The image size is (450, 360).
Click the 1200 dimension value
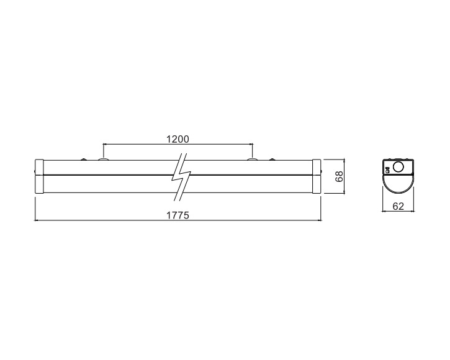coord(178,139)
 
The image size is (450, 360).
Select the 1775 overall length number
coord(178,215)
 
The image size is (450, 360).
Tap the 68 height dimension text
coord(340,176)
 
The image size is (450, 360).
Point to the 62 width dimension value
coord(398,206)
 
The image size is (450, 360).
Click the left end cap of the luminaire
coord(39,176)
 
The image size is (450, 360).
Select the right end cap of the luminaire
coord(317,176)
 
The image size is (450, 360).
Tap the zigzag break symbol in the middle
coord(181,176)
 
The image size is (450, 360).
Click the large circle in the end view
coord(398,167)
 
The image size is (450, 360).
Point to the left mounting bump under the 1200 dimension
coord(103,158)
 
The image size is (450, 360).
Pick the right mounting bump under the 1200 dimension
coord(253,158)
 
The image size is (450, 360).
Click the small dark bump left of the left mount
coord(84,159)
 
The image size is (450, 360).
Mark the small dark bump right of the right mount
coord(272,159)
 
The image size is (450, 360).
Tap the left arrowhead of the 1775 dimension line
coord(36,220)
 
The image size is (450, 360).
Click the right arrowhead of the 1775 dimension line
coord(319,220)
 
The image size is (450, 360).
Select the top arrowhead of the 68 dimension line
coord(344,161)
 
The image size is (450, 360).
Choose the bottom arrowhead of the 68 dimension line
coord(344,192)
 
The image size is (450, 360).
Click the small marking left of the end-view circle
coord(387,170)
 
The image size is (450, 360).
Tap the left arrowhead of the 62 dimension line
coord(384,211)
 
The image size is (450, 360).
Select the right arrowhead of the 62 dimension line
coord(412,211)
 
